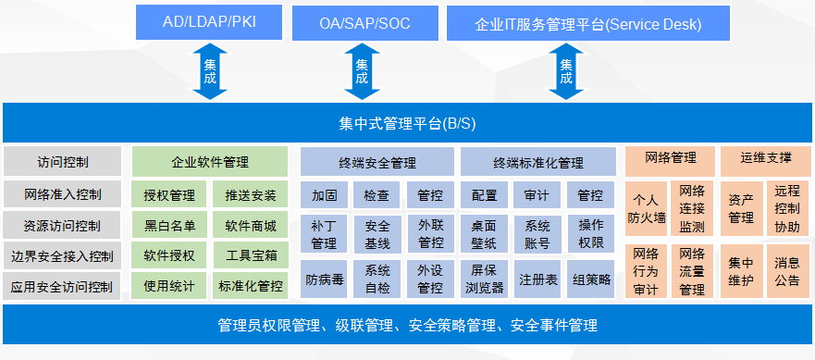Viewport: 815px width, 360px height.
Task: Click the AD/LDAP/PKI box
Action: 209,22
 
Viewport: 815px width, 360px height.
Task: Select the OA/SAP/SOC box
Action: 364,23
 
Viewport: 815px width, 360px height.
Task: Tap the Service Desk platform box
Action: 588,23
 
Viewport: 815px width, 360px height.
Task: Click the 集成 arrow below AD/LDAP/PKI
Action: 210,71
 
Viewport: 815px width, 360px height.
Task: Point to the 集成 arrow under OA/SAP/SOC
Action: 363,71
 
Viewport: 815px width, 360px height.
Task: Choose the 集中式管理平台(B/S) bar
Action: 407,123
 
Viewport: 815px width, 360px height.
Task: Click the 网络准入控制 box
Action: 62,195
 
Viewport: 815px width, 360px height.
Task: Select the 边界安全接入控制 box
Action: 62,256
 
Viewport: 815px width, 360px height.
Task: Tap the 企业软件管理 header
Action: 210,161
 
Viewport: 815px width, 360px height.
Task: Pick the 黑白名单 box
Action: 169,225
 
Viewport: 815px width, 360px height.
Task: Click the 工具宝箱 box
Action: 251,255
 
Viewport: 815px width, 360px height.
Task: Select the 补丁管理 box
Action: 324,234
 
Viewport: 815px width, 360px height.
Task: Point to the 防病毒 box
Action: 324,279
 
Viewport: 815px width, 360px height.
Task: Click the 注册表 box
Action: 538,279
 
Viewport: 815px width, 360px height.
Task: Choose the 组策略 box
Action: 591,279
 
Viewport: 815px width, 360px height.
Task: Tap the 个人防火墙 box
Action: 646,208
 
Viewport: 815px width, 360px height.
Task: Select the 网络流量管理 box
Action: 692,271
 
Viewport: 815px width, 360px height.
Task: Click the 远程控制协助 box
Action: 787,208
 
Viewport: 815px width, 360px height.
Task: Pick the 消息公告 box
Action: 787,271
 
